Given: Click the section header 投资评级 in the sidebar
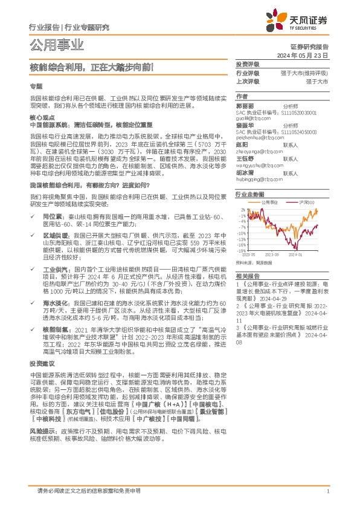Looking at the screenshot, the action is click(247, 64).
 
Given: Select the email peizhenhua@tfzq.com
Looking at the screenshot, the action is click(257, 139).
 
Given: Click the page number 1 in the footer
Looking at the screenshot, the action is click(327, 491).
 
